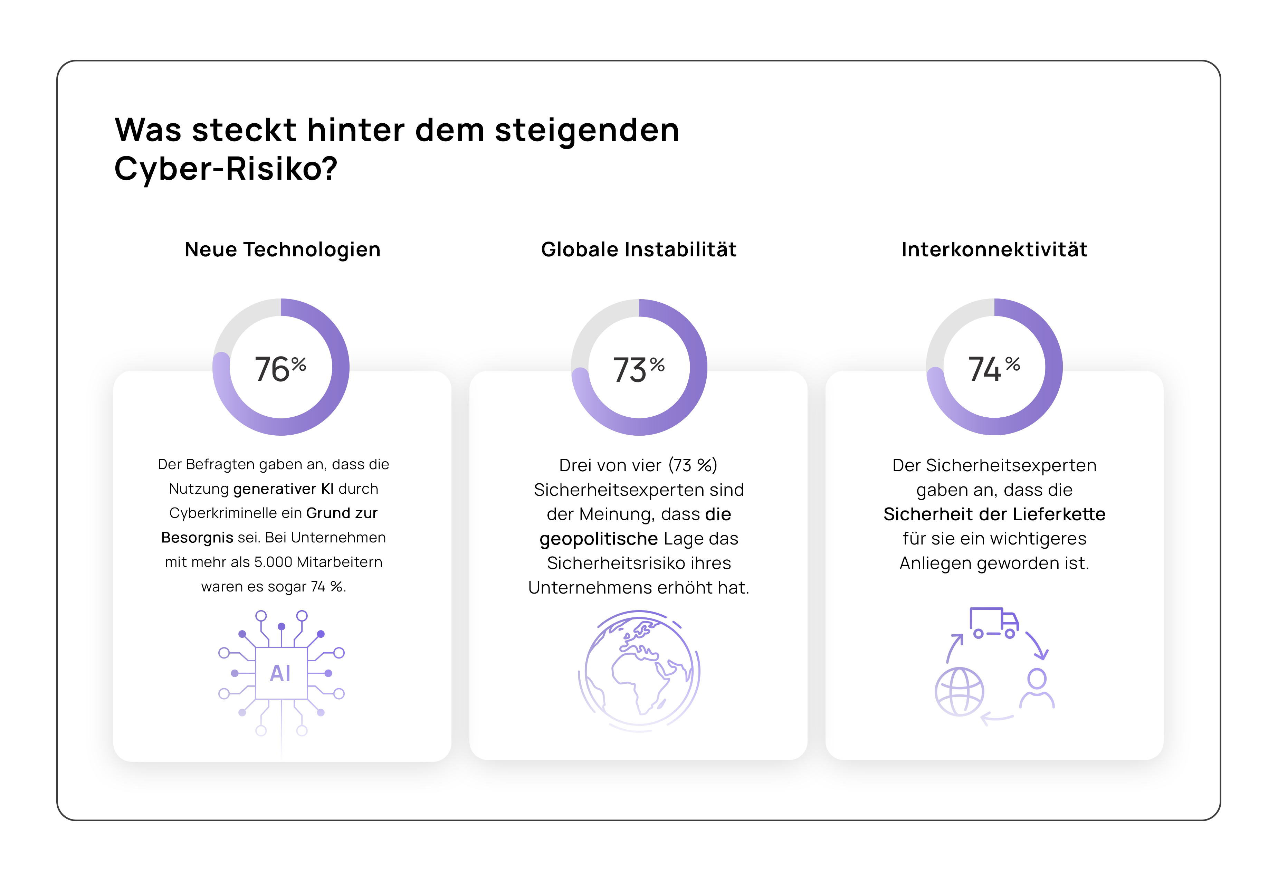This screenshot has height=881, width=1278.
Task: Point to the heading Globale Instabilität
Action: tap(638, 249)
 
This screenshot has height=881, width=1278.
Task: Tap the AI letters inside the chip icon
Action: tap(280, 673)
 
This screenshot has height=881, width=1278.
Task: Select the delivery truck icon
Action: tap(994, 623)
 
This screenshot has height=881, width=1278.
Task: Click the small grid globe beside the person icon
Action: tap(959, 692)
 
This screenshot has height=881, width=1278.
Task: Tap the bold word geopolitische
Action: tap(598, 539)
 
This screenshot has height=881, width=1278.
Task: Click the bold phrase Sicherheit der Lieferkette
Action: tap(994, 514)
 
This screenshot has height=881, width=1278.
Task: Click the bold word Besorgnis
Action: tap(197, 538)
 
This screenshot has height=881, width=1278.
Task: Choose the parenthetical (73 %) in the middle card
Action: tap(693, 465)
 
